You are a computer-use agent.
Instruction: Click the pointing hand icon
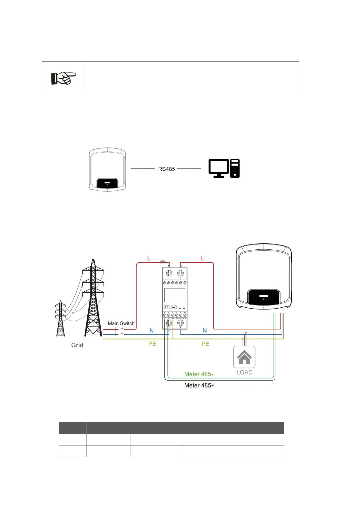click(x=63, y=78)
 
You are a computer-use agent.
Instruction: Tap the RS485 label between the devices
click(x=167, y=169)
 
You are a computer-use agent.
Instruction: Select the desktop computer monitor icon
click(x=219, y=168)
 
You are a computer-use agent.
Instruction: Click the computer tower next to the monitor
click(x=235, y=168)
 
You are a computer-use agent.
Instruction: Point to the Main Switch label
click(x=121, y=323)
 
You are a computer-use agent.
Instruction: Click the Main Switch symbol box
click(x=121, y=332)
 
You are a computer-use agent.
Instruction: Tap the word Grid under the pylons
click(x=77, y=345)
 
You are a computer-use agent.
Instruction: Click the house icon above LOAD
click(x=244, y=357)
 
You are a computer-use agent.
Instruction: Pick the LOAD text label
click(x=244, y=372)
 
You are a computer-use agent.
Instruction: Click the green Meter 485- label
click(x=199, y=374)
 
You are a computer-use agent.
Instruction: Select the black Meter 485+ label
click(x=199, y=385)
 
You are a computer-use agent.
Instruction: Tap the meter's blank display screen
click(x=175, y=295)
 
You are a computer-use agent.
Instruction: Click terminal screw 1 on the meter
click(x=169, y=273)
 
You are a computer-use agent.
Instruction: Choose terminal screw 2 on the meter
click(x=180, y=273)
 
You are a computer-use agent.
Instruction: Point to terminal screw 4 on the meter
click(x=180, y=323)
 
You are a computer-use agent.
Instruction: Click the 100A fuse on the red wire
click(x=162, y=262)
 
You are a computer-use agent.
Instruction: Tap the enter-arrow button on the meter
click(x=174, y=307)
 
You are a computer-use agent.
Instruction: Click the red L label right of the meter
click(x=202, y=258)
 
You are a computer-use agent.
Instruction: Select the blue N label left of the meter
click(x=151, y=331)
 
